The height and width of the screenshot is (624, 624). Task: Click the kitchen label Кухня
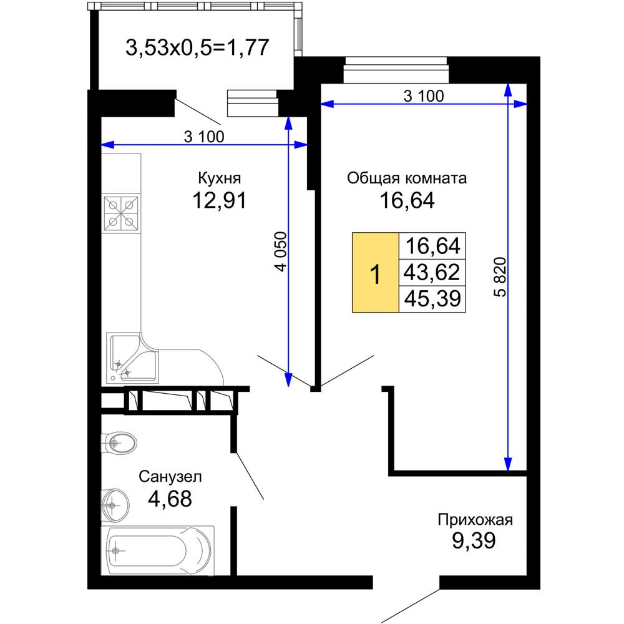(219, 178)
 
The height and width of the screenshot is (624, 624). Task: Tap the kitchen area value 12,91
(219, 200)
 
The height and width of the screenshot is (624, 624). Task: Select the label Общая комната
(407, 178)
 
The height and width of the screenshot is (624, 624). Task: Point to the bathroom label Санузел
(170, 476)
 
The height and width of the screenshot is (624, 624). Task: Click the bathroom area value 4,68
(170, 498)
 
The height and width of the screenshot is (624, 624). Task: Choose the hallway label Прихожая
(475, 520)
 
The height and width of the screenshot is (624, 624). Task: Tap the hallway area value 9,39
(474, 540)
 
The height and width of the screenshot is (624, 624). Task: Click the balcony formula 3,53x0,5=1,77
(197, 47)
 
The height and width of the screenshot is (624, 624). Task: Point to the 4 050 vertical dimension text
(281, 251)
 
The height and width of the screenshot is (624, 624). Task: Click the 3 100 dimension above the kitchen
(204, 137)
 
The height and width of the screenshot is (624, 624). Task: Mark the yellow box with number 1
(375, 272)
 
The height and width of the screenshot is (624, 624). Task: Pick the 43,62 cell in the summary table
(432, 272)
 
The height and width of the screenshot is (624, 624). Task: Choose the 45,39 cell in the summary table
(432, 299)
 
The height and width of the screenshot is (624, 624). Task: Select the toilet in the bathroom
(119, 442)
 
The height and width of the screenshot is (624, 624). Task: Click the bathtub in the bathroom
(158, 551)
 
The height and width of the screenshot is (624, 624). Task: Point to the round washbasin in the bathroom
(115, 505)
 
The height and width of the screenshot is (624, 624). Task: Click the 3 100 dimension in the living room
(424, 96)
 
